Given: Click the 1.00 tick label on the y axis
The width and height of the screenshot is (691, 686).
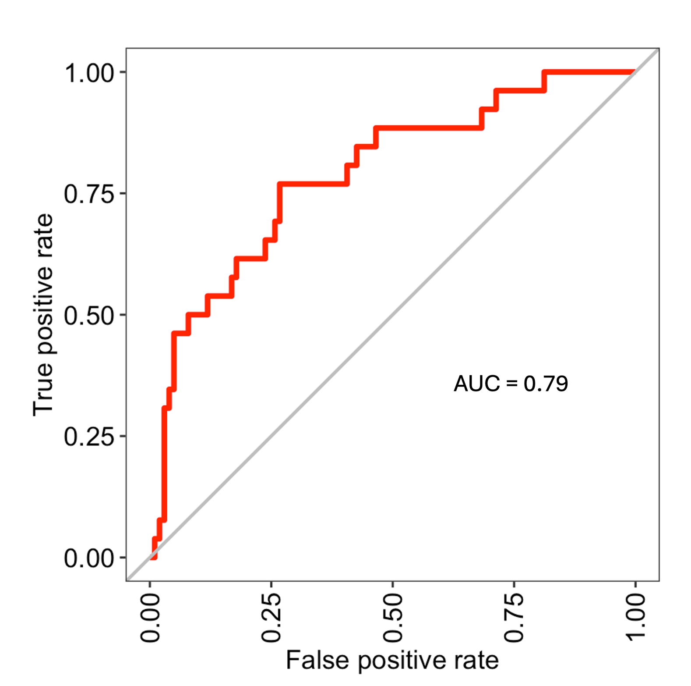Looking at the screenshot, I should (x=89, y=73).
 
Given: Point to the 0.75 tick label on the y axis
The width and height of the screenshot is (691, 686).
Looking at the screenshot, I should (x=89, y=194).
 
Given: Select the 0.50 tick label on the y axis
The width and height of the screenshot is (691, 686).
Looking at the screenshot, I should (x=89, y=315).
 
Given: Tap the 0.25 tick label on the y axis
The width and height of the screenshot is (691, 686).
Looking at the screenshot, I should (x=89, y=437).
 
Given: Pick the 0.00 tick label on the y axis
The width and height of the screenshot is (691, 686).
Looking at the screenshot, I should (x=89, y=558).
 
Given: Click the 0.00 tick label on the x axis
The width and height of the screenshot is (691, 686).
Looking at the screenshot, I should (x=150, y=618).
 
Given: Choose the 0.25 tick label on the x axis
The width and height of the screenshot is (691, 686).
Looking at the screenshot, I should (x=271, y=618).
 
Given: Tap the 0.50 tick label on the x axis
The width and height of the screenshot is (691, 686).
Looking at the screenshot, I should (x=393, y=618).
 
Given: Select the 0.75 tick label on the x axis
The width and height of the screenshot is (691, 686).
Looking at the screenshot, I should (x=514, y=618).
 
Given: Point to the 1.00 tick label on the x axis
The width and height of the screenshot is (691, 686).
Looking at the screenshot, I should (x=635, y=618).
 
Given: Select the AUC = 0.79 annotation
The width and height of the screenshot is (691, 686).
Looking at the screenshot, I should (x=511, y=384).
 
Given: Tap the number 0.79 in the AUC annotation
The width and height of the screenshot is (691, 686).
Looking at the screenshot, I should (x=546, y=384).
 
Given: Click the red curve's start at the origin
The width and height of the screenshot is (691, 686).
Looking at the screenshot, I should (x=152, y=557).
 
